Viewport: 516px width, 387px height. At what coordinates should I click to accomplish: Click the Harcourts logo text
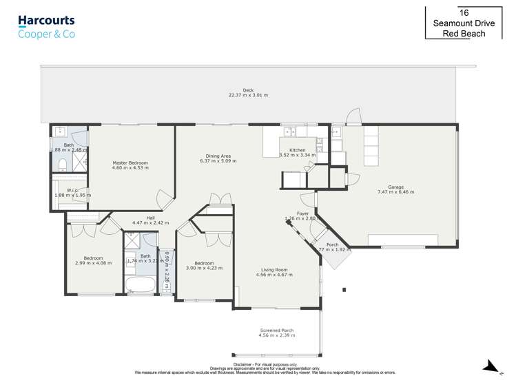click(x=46, y=21)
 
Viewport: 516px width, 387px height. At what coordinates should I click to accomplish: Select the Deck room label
click(x=248, y=90)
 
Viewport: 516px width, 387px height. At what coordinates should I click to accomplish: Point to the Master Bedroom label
click(x=130, y=163)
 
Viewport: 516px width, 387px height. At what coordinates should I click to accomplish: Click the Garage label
click(x=395, y=187)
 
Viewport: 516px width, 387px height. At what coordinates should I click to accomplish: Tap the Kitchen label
click(x=297, y=149)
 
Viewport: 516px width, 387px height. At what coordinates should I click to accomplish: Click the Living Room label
click(x=274, y=270)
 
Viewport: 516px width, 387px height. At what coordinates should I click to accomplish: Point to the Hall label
click(x=150, y=218)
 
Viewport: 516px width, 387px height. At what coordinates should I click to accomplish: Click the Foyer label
click(x=302, y=213)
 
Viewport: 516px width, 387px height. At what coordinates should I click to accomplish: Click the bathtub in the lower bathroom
click(x=141, y=285)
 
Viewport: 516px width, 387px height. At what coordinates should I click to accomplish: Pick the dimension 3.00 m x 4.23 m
click(x=204, y=269)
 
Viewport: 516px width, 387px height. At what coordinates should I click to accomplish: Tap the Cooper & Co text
click(x=46, y=34)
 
